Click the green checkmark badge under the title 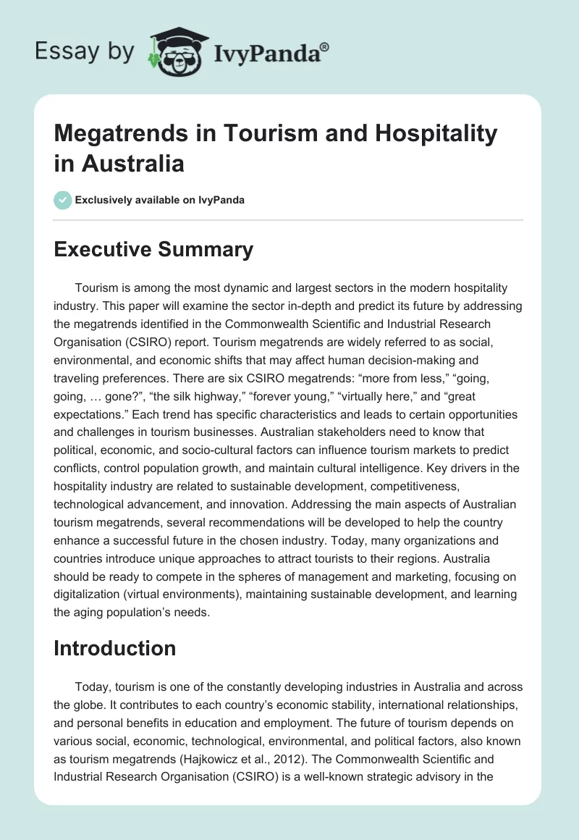tap(63, 200)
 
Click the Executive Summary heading tap(153, 250)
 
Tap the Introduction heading tap(114, 647)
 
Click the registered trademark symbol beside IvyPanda tap(325, 46)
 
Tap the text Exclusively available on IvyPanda tap(160, 200)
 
